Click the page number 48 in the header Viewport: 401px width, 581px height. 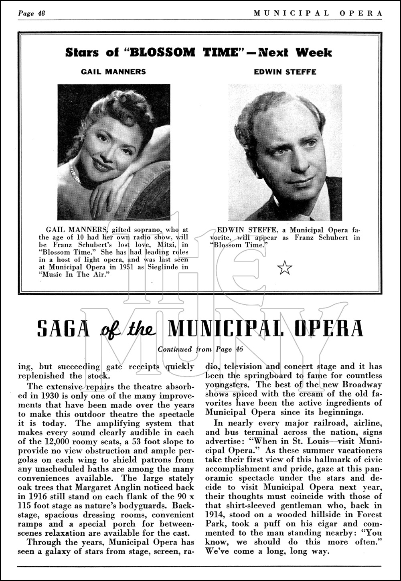(41, 14)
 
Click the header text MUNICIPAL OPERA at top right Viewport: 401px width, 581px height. (318, 13)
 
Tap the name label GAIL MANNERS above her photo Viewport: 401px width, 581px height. (113, 72)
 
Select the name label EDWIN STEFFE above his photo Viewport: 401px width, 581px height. (285, 72)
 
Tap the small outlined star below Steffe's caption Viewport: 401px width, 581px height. (285, 267)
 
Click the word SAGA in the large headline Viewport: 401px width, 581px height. (63, 328)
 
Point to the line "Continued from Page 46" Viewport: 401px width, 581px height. (200, 349)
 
